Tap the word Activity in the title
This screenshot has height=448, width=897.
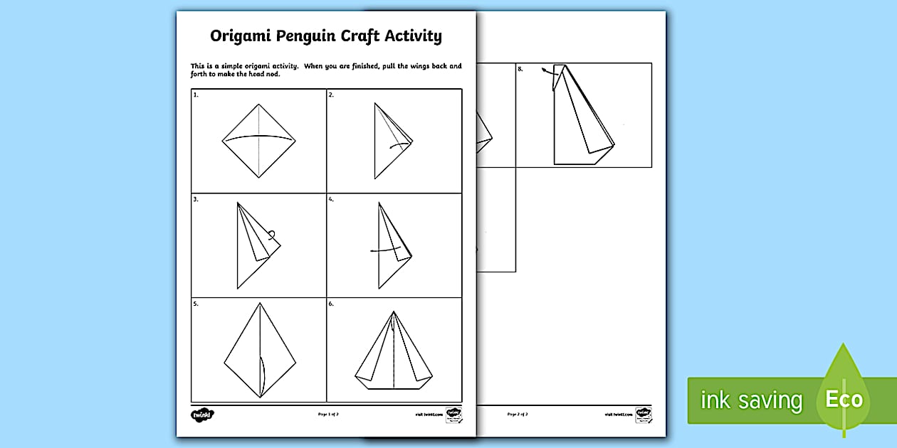[410, 36]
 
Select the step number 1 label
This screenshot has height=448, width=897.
[196, 95]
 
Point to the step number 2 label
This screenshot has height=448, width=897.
[331, 95]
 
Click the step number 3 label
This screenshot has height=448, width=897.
[196, 200]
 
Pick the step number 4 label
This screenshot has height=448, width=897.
[331, 200]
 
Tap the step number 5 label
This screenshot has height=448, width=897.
[196, 304]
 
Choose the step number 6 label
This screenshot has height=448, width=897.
[331, 304]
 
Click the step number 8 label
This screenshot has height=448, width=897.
[520, 68]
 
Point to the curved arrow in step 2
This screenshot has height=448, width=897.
[400, 146]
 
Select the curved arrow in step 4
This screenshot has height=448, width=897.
[385, 250]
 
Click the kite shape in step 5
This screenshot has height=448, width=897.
[258, 349]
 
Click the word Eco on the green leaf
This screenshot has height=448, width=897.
[844, 399]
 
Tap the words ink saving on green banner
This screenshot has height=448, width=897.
[751, 400]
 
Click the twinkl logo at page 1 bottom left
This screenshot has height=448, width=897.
[202, 414]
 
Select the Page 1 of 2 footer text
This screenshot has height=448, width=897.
[327, 414]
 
